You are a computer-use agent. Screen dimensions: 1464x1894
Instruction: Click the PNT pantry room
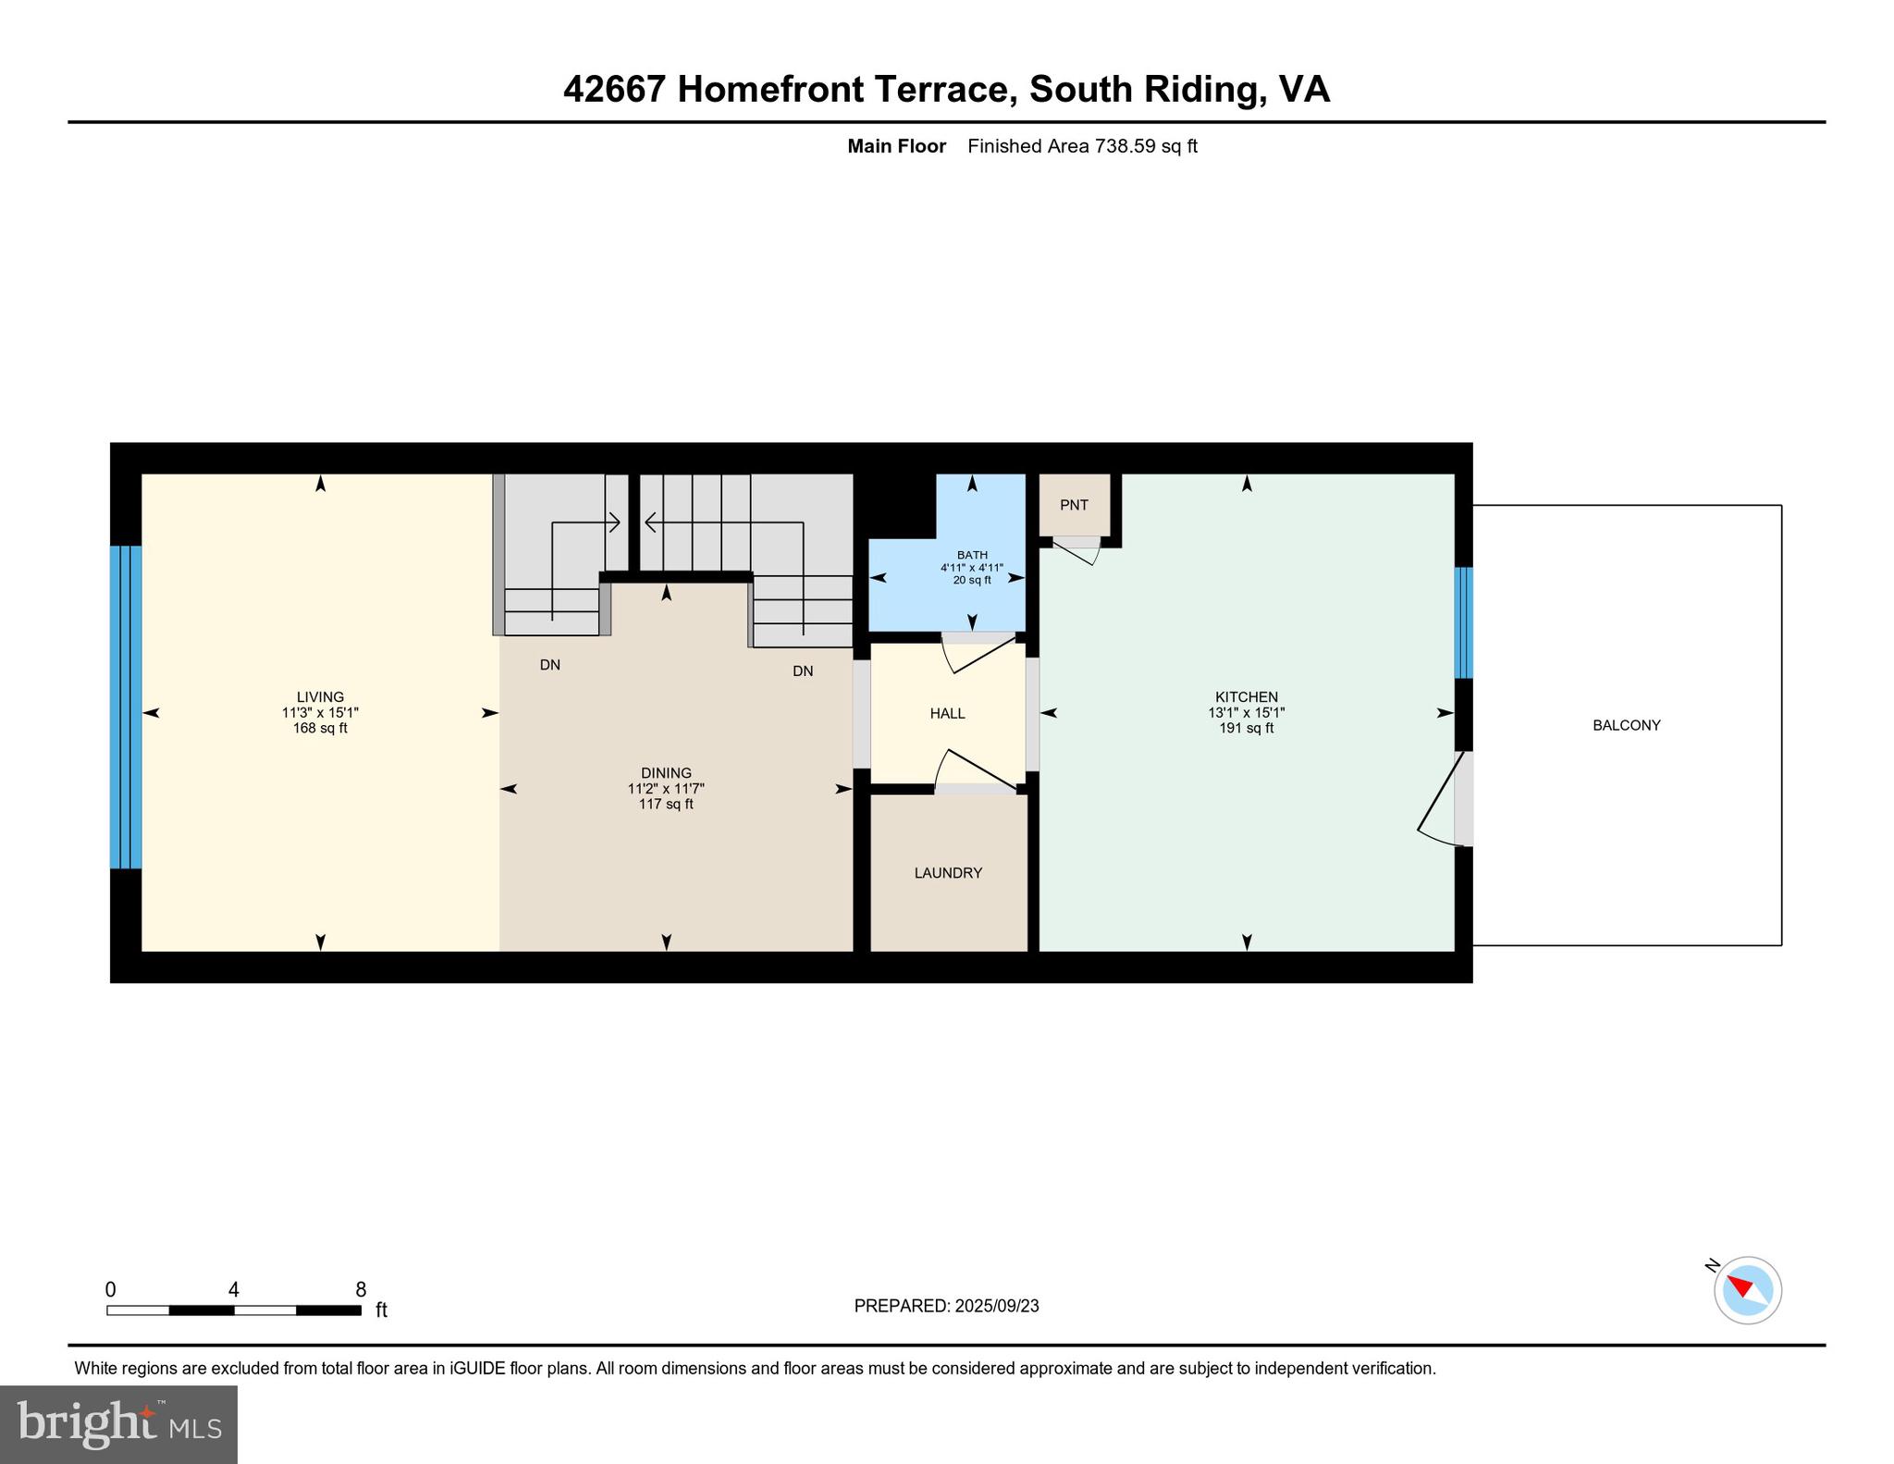(1074, 505)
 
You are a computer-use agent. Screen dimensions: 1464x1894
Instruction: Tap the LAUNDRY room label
(948, 873)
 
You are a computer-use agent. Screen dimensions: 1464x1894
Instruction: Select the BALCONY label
(1626, 726)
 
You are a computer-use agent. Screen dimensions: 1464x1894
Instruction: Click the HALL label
(947, 714)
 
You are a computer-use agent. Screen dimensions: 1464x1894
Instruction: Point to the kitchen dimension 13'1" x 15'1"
(1246, 713)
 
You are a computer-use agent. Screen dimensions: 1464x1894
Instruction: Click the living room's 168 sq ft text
(320, 729)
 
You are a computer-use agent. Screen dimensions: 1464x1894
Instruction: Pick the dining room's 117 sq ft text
(666, 805)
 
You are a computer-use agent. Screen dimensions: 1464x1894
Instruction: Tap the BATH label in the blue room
(972, 555)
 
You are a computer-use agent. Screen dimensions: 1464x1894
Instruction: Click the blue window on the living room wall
(126, 707)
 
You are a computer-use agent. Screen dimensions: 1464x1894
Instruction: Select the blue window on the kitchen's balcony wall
(1463, 622)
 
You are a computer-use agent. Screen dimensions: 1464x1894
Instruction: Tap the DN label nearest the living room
(549, 665)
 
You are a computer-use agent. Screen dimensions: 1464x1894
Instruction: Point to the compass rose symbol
(1747, 1289)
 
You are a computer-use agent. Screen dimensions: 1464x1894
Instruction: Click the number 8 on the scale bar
(361, 1289)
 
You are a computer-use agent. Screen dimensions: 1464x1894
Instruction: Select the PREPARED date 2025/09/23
(996, 1306)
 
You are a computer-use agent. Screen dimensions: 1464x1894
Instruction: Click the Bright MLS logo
(118, 1423)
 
